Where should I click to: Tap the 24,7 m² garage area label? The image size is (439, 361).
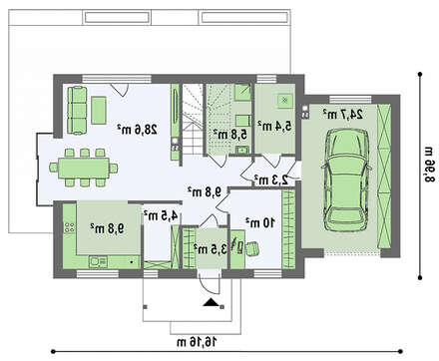(342, 114)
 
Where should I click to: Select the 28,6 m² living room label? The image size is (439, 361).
(137, 129)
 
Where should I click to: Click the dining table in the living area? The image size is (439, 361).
(84, 168)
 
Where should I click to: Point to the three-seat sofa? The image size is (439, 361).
(77, 110)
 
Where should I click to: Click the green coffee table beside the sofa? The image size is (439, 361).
(99, 111)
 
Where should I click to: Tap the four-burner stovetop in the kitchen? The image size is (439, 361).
(70, 227)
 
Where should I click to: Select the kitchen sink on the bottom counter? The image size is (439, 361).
(98, 261)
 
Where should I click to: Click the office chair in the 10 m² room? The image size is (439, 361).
(251, 249)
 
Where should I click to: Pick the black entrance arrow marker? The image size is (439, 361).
(211, 302)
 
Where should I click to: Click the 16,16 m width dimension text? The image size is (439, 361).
(197, 341)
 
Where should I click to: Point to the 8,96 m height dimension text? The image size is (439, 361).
(429, 164)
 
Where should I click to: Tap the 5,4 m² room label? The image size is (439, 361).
(274, 126)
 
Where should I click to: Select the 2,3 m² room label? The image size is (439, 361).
(270, 180)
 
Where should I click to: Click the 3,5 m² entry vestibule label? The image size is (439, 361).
(211, 249)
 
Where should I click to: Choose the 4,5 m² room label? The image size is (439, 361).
(161, 215)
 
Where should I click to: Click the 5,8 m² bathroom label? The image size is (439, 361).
(230, 135)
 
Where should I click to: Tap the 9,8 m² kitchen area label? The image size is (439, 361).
(107, 228)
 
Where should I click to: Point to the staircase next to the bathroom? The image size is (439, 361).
(193, 119)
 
